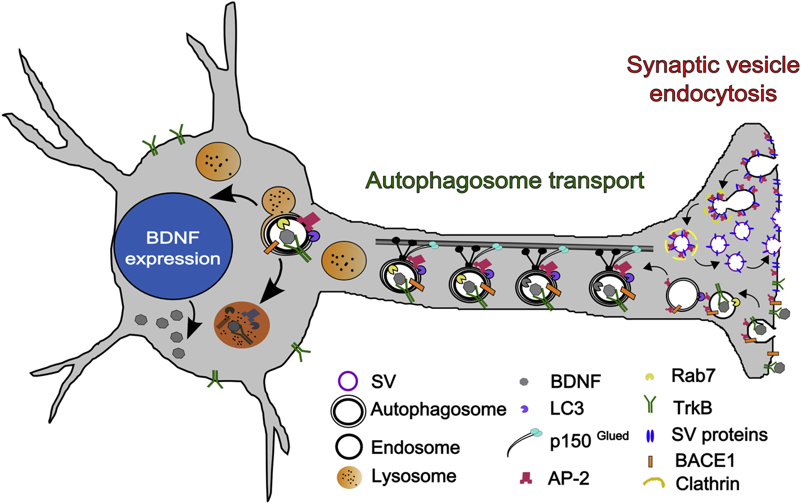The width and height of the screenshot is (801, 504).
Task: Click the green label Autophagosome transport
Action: tap(505, 181)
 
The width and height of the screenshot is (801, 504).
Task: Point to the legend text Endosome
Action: tap(423, 447)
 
